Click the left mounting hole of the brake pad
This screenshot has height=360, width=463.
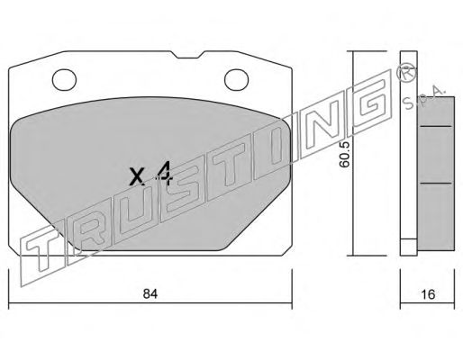64,79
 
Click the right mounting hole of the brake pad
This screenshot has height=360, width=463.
237,79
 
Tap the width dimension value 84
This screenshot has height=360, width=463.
150,293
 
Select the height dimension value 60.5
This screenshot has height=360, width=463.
344,154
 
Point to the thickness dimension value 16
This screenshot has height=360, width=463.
428,294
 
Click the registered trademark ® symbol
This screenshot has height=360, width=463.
406,74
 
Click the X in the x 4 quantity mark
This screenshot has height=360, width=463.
137,176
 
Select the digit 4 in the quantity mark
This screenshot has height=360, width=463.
164,172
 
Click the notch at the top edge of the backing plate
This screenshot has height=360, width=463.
188,55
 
